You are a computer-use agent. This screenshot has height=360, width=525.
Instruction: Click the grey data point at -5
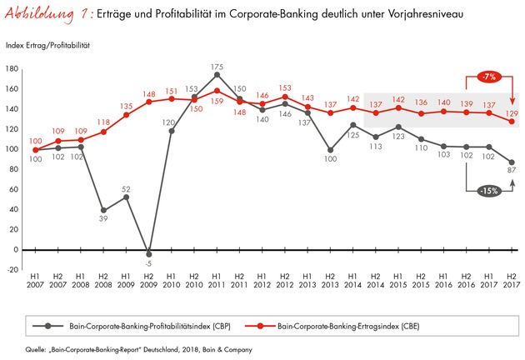[x=149, y=254]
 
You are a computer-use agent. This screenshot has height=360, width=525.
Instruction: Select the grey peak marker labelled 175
[x=217, y=75]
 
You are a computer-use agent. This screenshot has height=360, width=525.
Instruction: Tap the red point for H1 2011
[x=217, y=91]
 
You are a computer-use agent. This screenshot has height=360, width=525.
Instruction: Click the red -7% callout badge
[x=489, y=77]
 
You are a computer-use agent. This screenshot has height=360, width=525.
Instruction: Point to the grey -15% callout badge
[x=489, y=191]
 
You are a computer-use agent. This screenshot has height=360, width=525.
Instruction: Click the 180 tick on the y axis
[x=12, y=69]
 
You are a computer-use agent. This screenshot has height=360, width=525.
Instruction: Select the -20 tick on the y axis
[x=12, y=269]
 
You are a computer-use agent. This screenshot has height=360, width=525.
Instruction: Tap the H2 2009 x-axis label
[x=148, y=281]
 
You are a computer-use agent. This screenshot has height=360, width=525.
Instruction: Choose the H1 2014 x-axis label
[x=352, y=281]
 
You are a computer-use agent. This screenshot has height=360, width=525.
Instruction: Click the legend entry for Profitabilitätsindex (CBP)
[x=132, y=326]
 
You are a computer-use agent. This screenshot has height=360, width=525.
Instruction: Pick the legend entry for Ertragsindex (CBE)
[x=332, y=326]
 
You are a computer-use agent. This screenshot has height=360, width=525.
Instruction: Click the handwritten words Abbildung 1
[x=49, y=15]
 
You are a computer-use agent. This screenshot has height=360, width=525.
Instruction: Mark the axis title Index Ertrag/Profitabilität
[x=47, y=46]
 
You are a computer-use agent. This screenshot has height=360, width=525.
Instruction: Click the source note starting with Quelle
[x=138, y=350]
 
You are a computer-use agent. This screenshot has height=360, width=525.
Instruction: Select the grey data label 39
[x=103, y=218]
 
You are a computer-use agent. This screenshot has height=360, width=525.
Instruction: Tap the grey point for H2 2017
[x=512, y=162]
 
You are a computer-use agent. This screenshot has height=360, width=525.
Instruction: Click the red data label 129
[x=512, y=113]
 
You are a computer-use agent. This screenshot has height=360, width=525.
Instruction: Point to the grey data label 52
[x=126, y=189]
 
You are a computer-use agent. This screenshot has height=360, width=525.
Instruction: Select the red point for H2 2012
[x=285, y=97]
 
